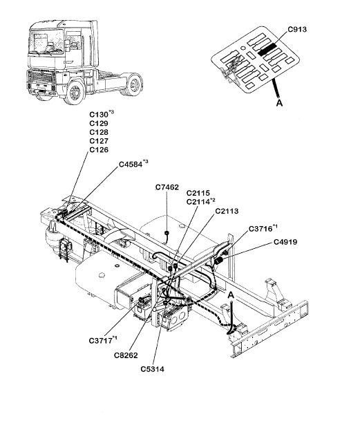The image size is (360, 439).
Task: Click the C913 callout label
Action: click(297, 30)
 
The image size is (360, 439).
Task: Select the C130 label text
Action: click(98, 115)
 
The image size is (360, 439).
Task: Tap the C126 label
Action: click(99, 150)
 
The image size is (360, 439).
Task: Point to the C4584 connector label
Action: click(131, 164)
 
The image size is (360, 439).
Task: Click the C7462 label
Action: click(167, 187)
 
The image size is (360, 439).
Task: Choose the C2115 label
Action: click(198, 193)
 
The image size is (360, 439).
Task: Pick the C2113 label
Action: click(227, 211)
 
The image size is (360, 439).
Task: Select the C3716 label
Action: click(260, 229)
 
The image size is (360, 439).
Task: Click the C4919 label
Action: click(285, 241)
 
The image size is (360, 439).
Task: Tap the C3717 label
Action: click(100, 340)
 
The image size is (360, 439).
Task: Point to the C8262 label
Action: click(126, 355)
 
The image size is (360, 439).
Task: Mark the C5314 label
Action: click(153, 369)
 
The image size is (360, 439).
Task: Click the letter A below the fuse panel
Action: click(279, 103)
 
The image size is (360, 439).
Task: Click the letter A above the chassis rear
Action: click(231, 295)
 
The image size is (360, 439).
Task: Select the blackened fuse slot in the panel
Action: click(267, 50)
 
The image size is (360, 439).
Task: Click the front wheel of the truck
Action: click(75, 92)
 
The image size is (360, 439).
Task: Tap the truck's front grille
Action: click(41, 80)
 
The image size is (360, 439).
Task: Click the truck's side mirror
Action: click(68, 46)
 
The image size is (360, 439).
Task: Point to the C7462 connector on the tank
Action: click(167, 233)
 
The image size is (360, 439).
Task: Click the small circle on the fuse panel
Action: click(243, 48)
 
